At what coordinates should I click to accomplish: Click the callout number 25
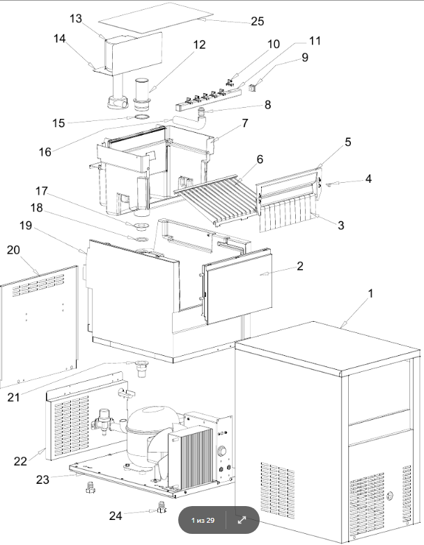point(258,21)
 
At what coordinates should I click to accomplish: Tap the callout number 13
point(75,18)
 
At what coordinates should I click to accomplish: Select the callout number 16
point(45,152)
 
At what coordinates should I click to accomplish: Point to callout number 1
point(370,293)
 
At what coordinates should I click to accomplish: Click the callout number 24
point(116,516)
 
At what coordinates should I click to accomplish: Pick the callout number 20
point(14,250)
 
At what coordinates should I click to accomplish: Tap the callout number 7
point(245,123)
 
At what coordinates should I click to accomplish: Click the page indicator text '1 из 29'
point(203,520)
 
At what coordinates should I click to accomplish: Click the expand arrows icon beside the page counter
point(242,520)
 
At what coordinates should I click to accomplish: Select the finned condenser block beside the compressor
point(191,456)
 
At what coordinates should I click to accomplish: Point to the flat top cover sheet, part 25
point(156,18)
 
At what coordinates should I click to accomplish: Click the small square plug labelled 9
point(253,88)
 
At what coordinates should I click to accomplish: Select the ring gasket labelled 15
point(141,117)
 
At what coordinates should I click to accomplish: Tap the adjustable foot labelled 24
point(162,508)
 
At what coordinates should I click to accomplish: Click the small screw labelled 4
point(331,184)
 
